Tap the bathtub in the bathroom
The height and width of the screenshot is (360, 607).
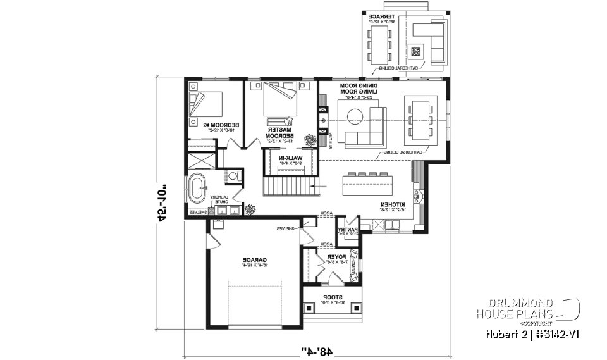199,188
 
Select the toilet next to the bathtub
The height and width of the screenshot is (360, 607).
232,175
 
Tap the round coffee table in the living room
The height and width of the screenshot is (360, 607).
355,115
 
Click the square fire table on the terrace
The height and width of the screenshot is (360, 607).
415,52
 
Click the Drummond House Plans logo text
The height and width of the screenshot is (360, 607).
515,308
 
